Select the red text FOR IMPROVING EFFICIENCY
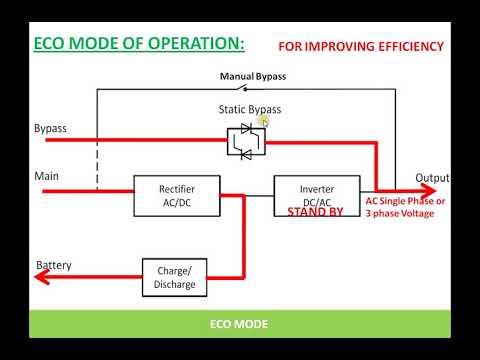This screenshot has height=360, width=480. (362, 47)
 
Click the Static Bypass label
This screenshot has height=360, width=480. (249, 108)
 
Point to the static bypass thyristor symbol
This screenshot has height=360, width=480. (244, 141)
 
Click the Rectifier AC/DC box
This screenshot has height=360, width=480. (177, 194)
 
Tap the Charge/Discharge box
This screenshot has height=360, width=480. (176, 277)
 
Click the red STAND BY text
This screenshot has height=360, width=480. (315, 212)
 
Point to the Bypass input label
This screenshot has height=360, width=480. (50, 129)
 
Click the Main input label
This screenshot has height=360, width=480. (47, 177)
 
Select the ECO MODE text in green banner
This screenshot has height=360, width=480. (239, 324)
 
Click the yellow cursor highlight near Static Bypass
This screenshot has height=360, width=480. (264, 120)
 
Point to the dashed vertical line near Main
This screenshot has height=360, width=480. (97, 160)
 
